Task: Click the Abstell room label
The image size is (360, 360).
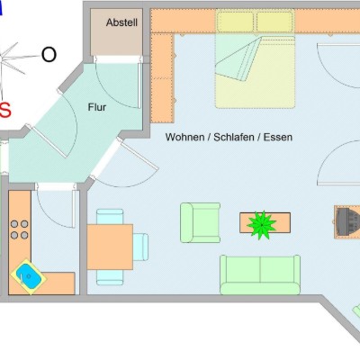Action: (121, 22)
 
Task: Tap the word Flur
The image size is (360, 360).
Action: (97, 107)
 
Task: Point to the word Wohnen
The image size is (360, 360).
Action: (184, 137)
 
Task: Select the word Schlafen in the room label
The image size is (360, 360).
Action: (234, 137)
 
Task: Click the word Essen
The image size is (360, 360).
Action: (278, 137)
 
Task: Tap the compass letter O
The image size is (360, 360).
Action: (49, 55)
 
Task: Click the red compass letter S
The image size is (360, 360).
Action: (5, 110)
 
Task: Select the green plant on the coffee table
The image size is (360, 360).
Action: (262, 225)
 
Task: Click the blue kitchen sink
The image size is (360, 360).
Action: (29, 275)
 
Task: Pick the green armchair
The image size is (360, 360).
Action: (200, 222)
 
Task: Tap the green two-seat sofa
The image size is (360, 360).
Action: (260, 274)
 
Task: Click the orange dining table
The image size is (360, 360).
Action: (110, 247)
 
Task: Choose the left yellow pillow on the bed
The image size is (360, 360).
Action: (236, 22)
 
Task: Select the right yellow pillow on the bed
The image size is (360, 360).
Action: (274, 22)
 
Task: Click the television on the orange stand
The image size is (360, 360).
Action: (348, 222)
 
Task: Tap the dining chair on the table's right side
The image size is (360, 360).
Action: (140, 247)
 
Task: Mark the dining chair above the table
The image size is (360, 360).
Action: (110, 217)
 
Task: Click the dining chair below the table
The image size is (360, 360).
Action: (110, 277)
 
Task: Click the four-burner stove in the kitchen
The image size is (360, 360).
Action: (20, 229)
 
